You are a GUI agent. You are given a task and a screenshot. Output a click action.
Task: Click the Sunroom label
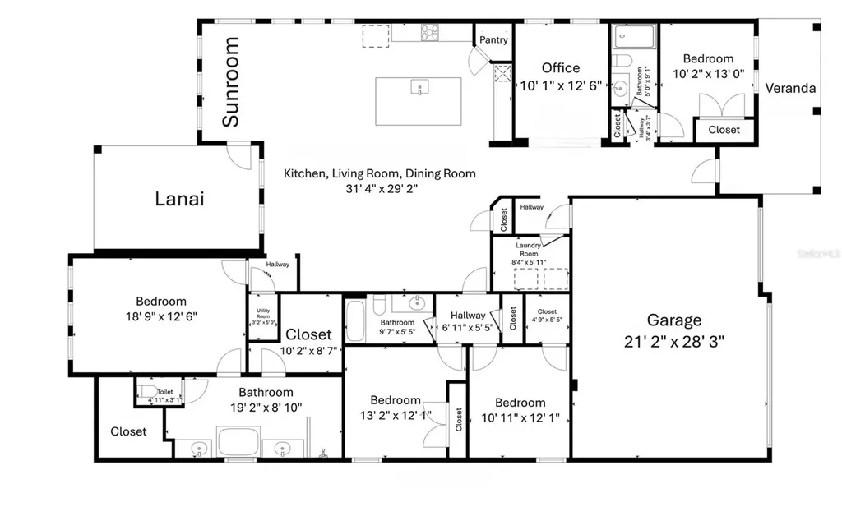click(231, 81)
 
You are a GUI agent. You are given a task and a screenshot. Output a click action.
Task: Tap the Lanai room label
click(179, 198)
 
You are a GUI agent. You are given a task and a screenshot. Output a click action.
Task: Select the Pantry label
click(493, 39)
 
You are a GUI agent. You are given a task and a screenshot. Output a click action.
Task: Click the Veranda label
click(790, 88)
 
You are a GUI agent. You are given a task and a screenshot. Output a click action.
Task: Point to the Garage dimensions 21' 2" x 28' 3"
click(673, 339)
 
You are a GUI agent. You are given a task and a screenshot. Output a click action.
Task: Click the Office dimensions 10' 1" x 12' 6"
click(561, 85)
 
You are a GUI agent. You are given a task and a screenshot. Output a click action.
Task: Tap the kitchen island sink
click(419, 88)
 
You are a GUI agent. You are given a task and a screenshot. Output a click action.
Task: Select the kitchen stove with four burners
click(430, 33)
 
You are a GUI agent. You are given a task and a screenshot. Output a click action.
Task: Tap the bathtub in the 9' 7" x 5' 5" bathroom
click(355, 321)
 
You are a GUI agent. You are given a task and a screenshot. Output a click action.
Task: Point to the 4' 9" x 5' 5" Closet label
click(547, 316)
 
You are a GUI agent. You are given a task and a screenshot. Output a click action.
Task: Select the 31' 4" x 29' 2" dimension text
click(379, 188)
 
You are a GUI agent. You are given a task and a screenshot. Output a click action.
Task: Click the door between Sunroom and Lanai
click(240, 155)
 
